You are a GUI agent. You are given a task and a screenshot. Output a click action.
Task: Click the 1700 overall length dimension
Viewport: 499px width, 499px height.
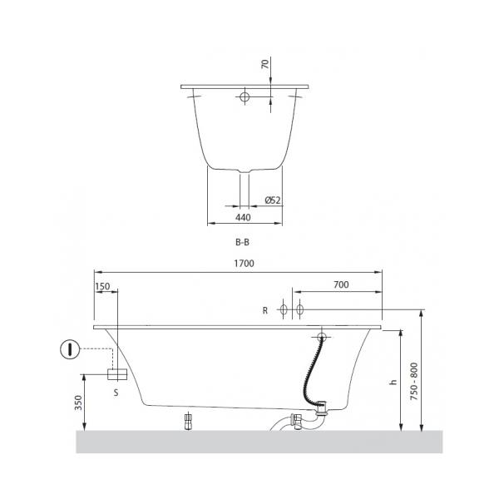tap(244, 264)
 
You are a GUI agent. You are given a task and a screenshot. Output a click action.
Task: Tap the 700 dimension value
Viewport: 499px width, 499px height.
tap(341, 284)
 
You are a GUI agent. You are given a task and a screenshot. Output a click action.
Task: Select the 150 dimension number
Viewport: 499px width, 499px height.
tap(102, 286)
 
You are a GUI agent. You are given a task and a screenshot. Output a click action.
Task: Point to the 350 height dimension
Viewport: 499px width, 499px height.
tap(79, 403)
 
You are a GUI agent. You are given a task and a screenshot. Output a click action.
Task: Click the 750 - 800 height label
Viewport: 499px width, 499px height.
tap(413, 381)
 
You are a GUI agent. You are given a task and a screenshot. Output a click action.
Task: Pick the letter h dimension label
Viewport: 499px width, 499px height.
tap(393, 382)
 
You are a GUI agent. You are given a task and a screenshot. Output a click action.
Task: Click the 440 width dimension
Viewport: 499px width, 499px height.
tap(243, 218)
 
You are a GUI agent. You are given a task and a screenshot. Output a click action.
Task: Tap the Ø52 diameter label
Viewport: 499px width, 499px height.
tap(273, 200)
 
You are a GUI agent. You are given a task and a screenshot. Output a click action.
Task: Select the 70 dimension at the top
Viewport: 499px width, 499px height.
tap(264, 64)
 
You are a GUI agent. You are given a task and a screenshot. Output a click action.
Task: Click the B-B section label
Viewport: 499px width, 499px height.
tap(242, 242)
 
